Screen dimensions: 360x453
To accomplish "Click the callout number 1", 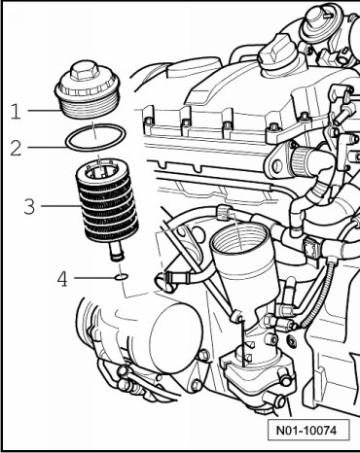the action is tap(16, 111).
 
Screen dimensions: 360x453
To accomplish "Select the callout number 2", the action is tap(16, 148).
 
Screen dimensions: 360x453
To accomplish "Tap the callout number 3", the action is tap(29, 206).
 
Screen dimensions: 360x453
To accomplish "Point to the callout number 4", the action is tap(62, 279).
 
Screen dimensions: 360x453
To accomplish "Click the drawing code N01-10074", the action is tap(306, 431).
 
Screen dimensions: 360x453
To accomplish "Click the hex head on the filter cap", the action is tap(84, 71).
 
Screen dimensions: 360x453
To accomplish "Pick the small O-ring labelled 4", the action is tap(122, 277).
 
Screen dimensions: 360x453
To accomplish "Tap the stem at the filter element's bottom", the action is tap(116, 252).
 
